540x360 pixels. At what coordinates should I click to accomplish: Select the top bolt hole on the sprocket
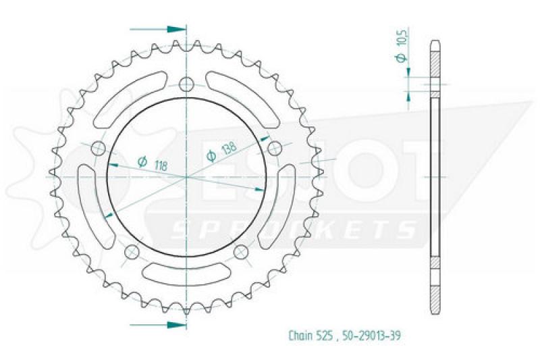pos(187,84)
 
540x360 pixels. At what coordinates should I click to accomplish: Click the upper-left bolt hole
pos(99,149)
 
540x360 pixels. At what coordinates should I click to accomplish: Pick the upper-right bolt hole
pos(275,149)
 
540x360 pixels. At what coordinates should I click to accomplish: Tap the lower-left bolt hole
pos(132,252)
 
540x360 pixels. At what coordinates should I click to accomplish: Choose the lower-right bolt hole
pos(241,252)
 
